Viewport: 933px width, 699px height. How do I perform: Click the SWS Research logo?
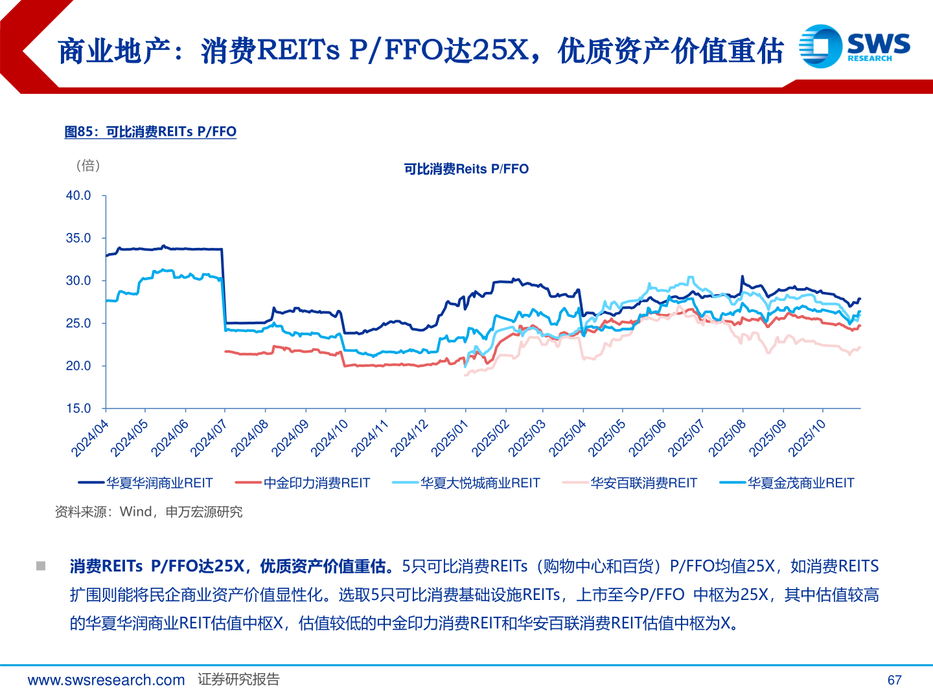pyautogui.click(x=854, y=46)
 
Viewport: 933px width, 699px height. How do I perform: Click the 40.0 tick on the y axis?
pyautogui.click(x=78, y=195)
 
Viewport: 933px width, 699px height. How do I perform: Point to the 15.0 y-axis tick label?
pyautogui.click(x=78, y=408)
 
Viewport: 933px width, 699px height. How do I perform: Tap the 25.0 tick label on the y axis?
pyautogui.click(x=78, y=323)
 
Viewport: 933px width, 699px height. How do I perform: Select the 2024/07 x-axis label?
pyautogui.click(x=209, y=438)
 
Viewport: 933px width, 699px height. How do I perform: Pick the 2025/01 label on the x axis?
pyautogui.click(x=449, y=438)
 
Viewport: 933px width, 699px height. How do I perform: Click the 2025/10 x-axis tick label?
pyautogui.click(x=807, y=438)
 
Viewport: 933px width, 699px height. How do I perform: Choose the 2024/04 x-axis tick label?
pyautogui.click(x=89, y=438)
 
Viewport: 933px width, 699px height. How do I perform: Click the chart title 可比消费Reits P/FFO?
pyautogui.click(x=466, y=169)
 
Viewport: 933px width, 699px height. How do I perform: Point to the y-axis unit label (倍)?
pyautogui.click(x=88, y=166)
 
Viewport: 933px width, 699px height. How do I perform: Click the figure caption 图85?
pyautogui.click(x=150, y=132)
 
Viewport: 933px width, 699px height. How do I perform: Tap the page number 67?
pyautogui.click(x=894, y=680)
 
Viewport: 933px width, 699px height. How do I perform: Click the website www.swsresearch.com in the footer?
pyautogui.click(x=106, y=680)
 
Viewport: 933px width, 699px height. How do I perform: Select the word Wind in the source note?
pyautogui.click(x=135, y=512)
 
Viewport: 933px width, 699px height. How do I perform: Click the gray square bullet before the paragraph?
pyautogui.click(x=41, y=566)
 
